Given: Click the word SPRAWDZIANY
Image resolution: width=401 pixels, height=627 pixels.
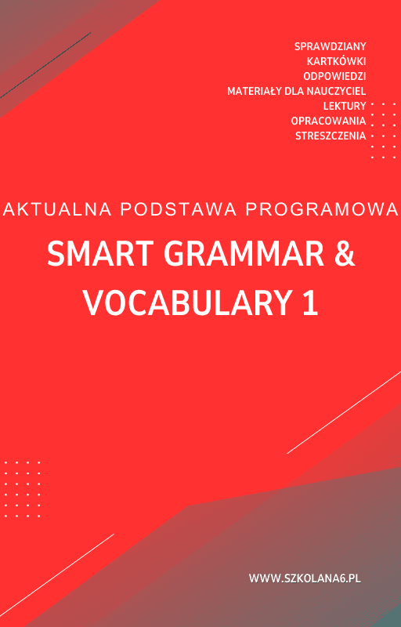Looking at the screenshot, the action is click(330, 46).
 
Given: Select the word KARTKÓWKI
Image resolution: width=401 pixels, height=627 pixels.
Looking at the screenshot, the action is click(336, 61).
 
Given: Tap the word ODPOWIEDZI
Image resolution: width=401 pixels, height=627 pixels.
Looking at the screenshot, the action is click(334, 76).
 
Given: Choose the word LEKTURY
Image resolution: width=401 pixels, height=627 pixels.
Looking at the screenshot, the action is click(345, 106).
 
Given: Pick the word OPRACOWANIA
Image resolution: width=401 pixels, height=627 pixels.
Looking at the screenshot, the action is click(328, 121).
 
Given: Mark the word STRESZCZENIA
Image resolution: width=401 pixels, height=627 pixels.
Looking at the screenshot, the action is click(331, 136).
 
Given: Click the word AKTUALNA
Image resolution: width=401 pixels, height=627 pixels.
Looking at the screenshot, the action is click(57, 209).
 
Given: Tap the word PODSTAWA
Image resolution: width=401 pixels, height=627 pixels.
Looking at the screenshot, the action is click(179, 209).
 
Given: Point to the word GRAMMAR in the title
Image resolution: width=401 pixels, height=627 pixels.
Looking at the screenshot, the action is click(244, 255).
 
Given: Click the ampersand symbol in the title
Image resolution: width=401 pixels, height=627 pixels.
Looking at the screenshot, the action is click(345, 255).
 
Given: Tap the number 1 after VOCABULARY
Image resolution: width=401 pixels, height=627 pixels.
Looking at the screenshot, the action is click(311, 303).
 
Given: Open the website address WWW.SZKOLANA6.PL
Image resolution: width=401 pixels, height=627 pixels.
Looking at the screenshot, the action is click(305, 578).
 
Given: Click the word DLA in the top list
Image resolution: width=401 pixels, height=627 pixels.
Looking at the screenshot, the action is click(293, 91).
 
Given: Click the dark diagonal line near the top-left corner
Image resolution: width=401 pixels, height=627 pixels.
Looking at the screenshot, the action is click(45, 65).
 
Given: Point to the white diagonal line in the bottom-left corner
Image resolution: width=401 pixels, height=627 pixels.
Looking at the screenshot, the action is click(56, 575).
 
